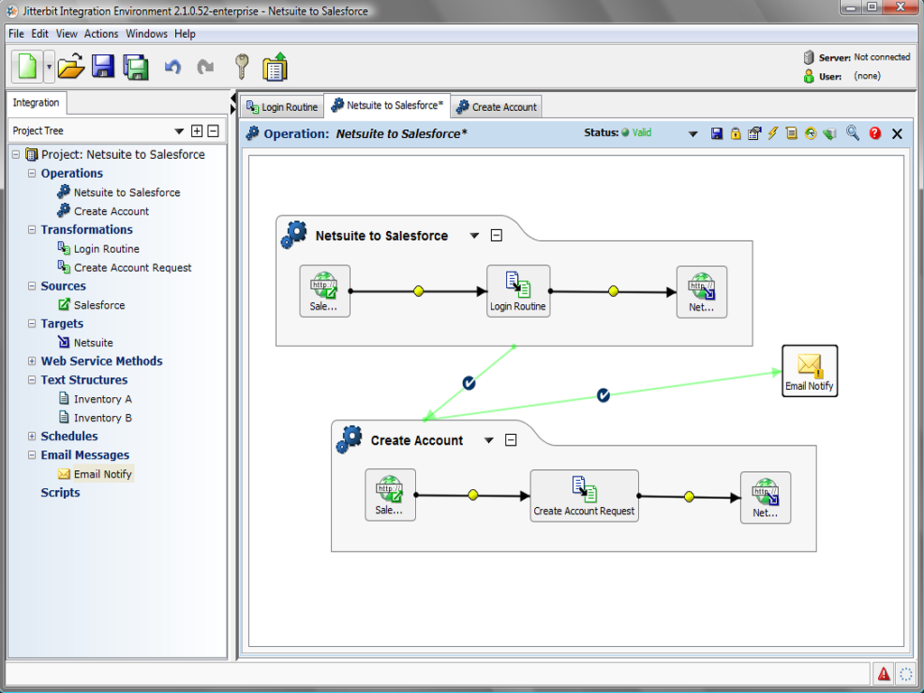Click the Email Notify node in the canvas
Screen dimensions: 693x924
pos(809,371)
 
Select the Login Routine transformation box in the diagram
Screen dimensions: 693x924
pos(518,291)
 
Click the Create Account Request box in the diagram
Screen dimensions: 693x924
pos(584,495)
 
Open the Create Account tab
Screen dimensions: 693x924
pos(496,106)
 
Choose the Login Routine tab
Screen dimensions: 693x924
pos(282,106)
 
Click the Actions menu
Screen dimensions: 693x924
pos(101,33)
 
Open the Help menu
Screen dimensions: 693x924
pos(185,33)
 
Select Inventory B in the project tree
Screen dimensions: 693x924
pos(103,418)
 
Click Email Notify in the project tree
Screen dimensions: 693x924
pos(103,474)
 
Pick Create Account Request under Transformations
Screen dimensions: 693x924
pos(133,267)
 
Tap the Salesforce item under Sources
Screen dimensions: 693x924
pos(99,305)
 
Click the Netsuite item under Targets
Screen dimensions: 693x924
pos(93,342)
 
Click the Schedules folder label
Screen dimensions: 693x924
pos(69,436)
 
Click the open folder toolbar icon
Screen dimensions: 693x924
pos(70,66)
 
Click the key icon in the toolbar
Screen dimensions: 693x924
pos(241,66)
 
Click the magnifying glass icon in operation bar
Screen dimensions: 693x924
pos(853,134)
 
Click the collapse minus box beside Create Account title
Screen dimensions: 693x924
pos(511,440)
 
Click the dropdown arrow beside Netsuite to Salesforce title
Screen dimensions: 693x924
pos(475,236)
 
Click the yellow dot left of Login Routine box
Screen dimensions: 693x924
pos(419,291)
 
